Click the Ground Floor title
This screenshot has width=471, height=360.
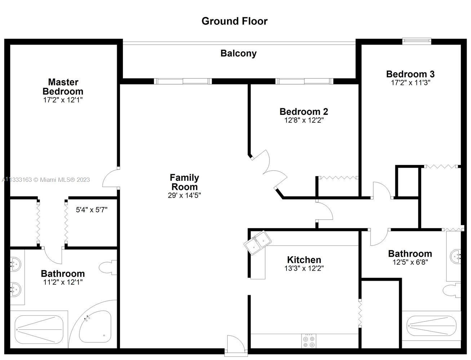point(234,21)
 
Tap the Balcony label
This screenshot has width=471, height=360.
point(239,53)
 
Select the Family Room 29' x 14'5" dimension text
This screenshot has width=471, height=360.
point(184,195)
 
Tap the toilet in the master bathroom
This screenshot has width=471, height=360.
point(108,267)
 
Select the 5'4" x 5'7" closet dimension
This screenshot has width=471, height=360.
point(92,210)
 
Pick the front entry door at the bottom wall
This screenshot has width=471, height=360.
point(236,345)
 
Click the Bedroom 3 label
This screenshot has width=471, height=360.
point(410,74)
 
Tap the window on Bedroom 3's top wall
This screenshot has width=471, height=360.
point(417,41)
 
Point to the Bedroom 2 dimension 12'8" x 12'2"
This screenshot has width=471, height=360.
point(304,120)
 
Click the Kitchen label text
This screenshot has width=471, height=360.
point(304,260)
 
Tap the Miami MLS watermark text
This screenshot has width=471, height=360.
point(45,180)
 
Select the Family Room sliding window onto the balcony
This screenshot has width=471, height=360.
point(183,81)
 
